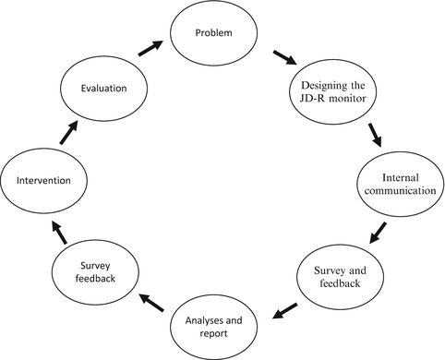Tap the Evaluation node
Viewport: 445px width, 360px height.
tap(103, 90)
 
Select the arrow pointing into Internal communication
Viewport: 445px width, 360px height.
tap(374, 135)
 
